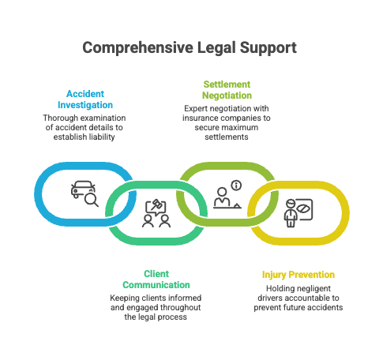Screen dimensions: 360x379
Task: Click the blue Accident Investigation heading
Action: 84,99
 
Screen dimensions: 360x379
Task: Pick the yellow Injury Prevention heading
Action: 298,275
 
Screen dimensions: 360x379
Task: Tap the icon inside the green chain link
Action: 156,214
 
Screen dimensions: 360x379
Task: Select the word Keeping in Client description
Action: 126,298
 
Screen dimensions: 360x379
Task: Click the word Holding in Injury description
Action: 271,288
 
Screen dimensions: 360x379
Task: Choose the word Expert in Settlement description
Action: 197,107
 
